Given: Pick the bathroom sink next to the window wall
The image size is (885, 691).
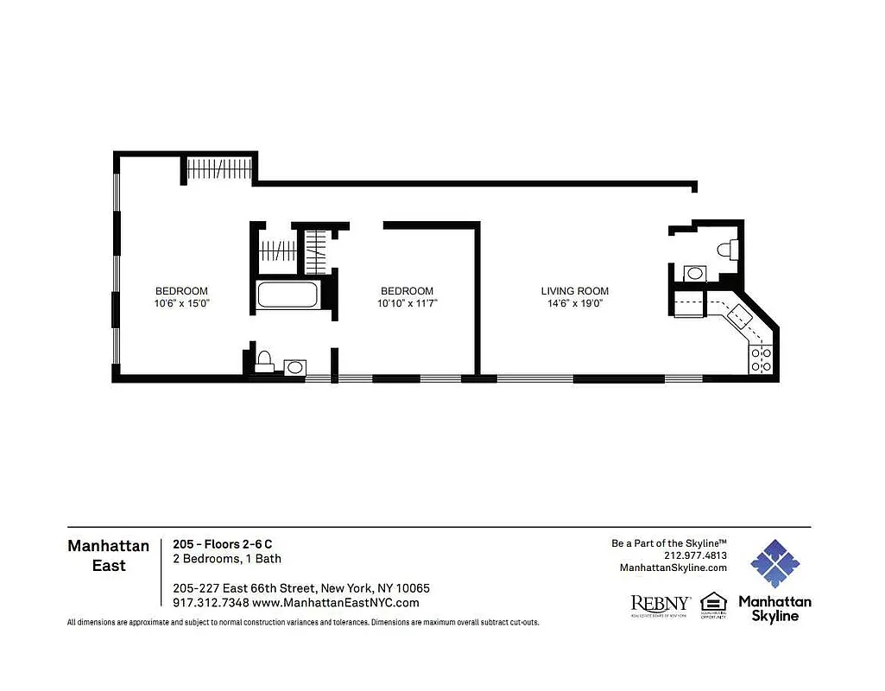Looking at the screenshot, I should [x=294, y=367].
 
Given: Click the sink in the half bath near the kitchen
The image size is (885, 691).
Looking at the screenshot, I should [x=693, y=273].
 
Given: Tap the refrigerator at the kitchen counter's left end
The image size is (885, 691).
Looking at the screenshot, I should [x=688, y=303].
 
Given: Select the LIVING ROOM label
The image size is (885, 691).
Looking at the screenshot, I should [x=575, y=291].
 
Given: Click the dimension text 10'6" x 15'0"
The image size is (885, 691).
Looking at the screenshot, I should [x=181, y=304].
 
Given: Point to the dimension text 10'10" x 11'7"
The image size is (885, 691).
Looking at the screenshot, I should [x=407, y=304].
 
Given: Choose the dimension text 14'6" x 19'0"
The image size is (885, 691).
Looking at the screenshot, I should [x=575, y=304].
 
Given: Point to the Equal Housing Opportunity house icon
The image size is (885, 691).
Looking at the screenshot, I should [x=713, y=605].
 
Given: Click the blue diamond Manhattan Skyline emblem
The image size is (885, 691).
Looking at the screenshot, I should [x=774, y=563].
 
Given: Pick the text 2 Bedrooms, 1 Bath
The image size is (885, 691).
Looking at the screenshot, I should [x=227, y=559].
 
